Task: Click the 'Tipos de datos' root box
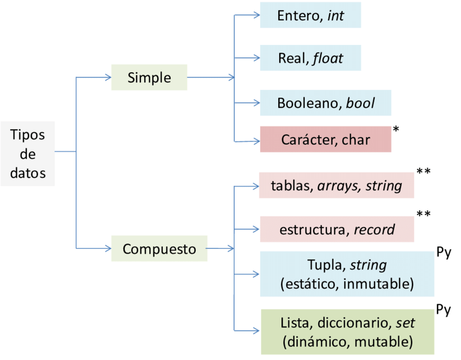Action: tap(28, 154)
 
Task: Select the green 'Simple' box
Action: tap(149, 78)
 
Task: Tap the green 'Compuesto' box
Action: tap(159, 249)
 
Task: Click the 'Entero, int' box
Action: tap(310, 15)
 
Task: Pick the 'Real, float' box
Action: tap(310, 57)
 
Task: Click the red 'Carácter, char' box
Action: tap(325, 139)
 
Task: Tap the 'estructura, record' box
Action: tap(337, 229)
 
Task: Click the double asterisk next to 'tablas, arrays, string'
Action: tap(424, 172)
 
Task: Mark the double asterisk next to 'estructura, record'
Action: tap(424, 214)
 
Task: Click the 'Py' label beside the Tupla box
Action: tap(443, 253)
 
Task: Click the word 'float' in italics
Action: tap(328, 58)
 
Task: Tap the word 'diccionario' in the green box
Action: tap(353, 323)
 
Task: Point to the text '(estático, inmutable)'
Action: tap(347, 283)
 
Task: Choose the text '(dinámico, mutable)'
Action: tap(347, 342)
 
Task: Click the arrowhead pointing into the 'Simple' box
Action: tap(107, 78)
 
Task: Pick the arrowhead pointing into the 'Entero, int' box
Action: tap(256, 15)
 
